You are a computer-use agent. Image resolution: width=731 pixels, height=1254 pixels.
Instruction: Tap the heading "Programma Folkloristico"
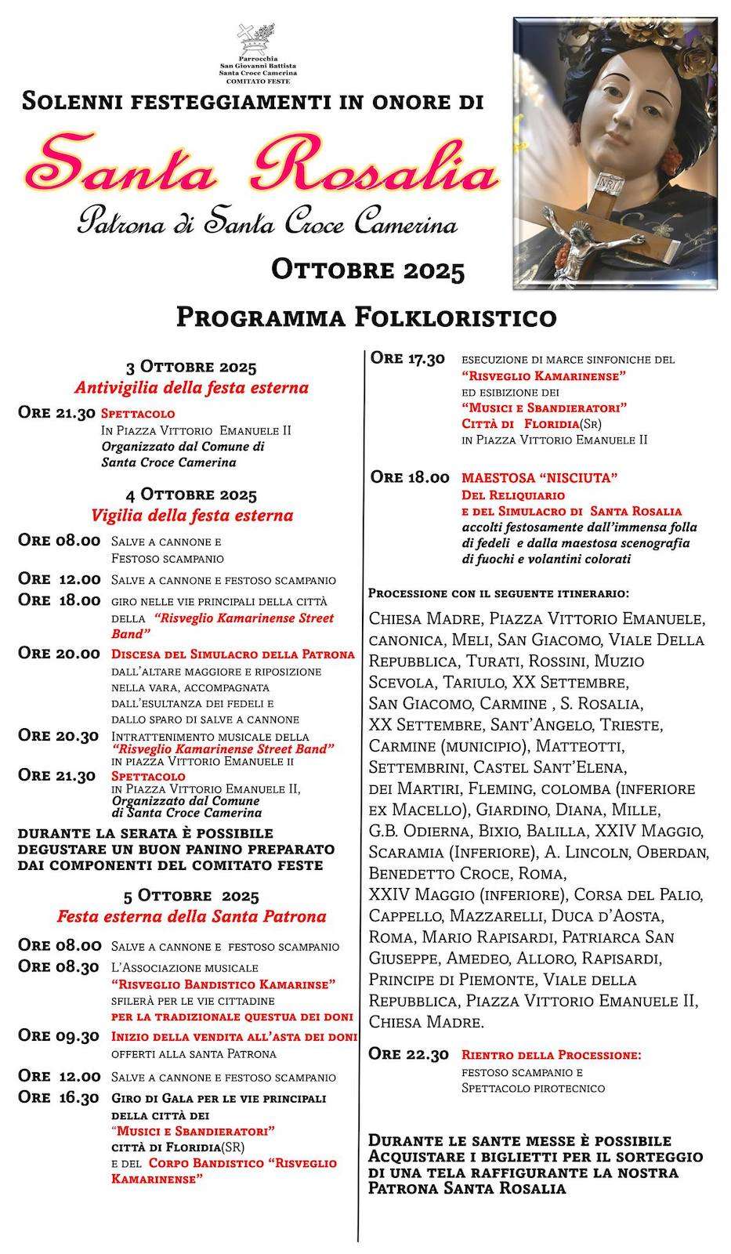point(366,317)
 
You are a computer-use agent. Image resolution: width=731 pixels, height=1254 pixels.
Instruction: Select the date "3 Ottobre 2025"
point(191,367)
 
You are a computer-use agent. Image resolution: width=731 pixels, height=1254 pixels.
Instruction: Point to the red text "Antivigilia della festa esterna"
point(191,387)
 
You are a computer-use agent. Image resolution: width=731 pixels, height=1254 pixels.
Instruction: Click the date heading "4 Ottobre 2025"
point(191,495)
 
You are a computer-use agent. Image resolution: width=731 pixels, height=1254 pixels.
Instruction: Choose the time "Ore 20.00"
point(59,654)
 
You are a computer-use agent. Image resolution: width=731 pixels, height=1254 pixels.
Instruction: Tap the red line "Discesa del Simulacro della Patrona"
point(233,654)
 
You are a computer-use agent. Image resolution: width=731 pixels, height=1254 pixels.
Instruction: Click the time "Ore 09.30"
point(59,1036)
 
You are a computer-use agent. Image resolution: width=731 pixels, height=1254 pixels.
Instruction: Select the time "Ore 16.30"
point(59,1097)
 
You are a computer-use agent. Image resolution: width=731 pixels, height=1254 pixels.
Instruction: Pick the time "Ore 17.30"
point(407,358)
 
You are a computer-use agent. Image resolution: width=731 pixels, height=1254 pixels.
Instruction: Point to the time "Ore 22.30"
point(409,1054)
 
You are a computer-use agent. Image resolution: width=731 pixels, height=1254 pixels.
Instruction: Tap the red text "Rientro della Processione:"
point(551,1055)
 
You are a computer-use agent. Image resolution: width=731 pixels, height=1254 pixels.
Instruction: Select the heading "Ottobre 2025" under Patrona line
point(368,270)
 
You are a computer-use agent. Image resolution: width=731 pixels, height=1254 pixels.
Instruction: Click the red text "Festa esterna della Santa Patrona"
point(191,916)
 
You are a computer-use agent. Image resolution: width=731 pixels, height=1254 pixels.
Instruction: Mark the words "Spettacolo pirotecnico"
point(533,1088)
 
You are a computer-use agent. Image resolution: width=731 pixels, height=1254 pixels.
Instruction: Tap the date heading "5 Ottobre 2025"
point(191,895)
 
